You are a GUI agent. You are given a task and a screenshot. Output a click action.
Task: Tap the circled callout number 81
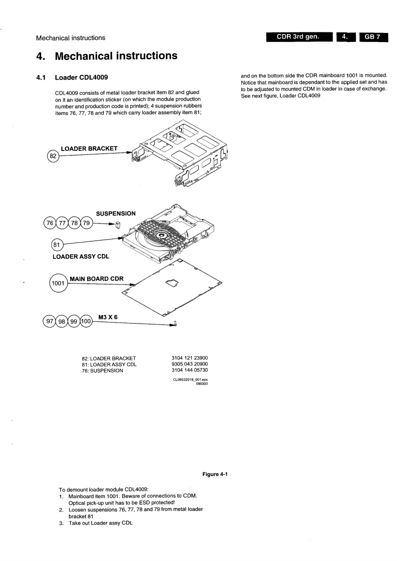pos(59,245)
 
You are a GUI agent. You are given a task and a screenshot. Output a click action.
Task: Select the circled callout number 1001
pos(58,283)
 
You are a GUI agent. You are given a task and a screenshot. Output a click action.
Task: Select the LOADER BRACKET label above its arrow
pos(89,148)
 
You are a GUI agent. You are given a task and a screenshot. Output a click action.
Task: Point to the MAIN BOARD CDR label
pos(95,278)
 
